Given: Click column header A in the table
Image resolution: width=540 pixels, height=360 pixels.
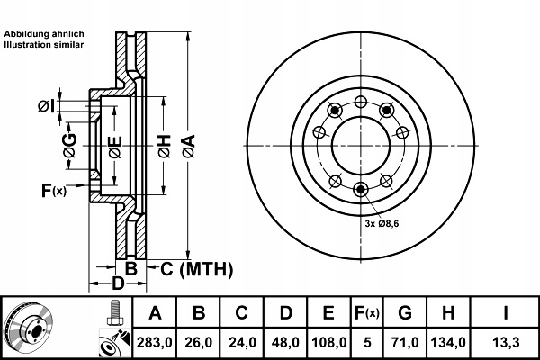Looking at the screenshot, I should (x=155, y=313).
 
